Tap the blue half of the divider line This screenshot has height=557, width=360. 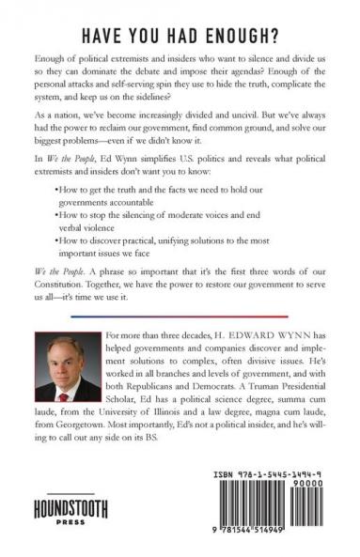pyautogui.click(x=235, y=317)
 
